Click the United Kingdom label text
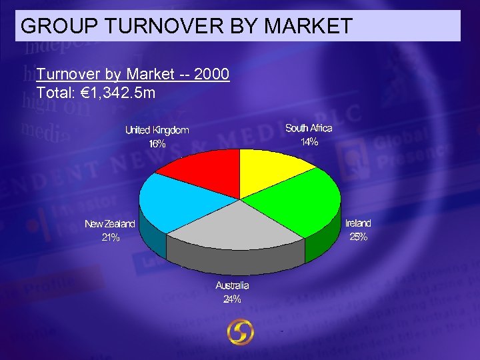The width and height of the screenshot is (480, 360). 157,130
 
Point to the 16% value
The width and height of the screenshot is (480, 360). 157,143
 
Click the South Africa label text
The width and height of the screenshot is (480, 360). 309,128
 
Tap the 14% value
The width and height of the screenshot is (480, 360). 309,142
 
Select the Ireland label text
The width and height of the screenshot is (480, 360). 358,223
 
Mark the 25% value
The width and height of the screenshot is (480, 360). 358,237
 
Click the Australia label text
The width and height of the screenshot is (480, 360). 232,285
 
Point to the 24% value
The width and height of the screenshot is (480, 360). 232,299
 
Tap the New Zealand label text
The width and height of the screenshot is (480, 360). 110,224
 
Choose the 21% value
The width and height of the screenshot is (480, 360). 111,237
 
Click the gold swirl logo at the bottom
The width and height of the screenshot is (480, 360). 240,333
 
